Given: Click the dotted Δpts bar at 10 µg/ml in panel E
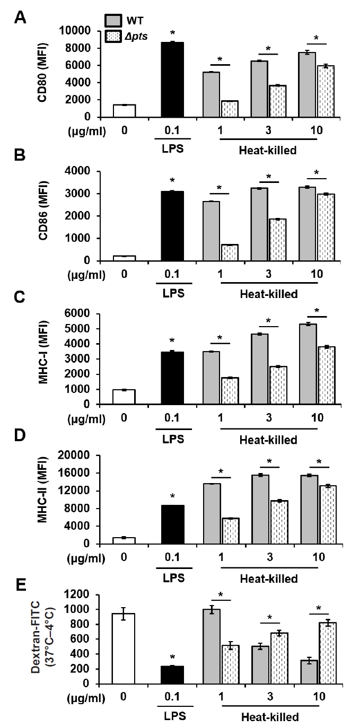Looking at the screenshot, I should [x=329, y=664].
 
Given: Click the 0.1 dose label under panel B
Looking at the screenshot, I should [x=172, y=276].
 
